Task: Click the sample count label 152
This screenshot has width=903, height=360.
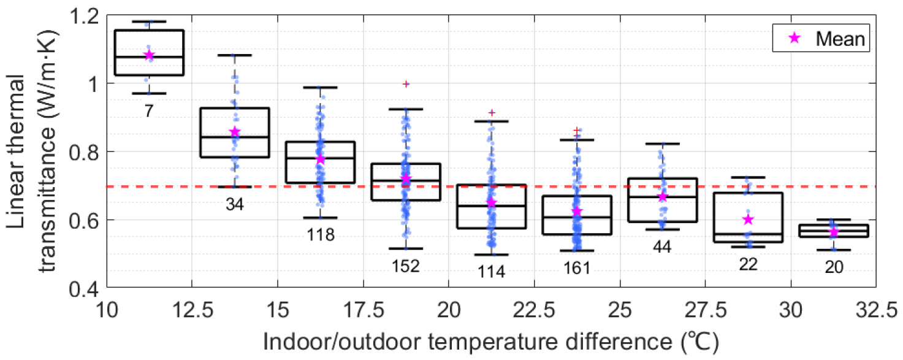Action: tap(406, 266)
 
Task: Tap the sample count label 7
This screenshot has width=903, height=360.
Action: tap(149, 110)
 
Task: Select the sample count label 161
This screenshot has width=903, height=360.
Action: tap(577, 268)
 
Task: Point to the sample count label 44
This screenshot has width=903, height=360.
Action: tap(662, 247)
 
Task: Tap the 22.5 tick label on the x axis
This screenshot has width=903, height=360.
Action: tap(534, 309)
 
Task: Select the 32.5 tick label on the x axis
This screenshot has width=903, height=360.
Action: tap(876, 309)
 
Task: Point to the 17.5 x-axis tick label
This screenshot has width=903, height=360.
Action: tap(364, 309)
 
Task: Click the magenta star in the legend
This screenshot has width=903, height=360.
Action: tap(794, 39)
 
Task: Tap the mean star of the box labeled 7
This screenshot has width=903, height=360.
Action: tap(149, 56)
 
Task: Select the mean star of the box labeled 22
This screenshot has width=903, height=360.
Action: tap(747, 220)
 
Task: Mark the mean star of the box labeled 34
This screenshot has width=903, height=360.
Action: tap(235, 132)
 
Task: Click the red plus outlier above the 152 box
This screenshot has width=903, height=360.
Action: tap(406, 83)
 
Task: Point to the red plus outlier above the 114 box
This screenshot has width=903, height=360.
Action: tap(491, 113)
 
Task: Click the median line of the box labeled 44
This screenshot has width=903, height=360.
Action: tap(662, 197)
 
